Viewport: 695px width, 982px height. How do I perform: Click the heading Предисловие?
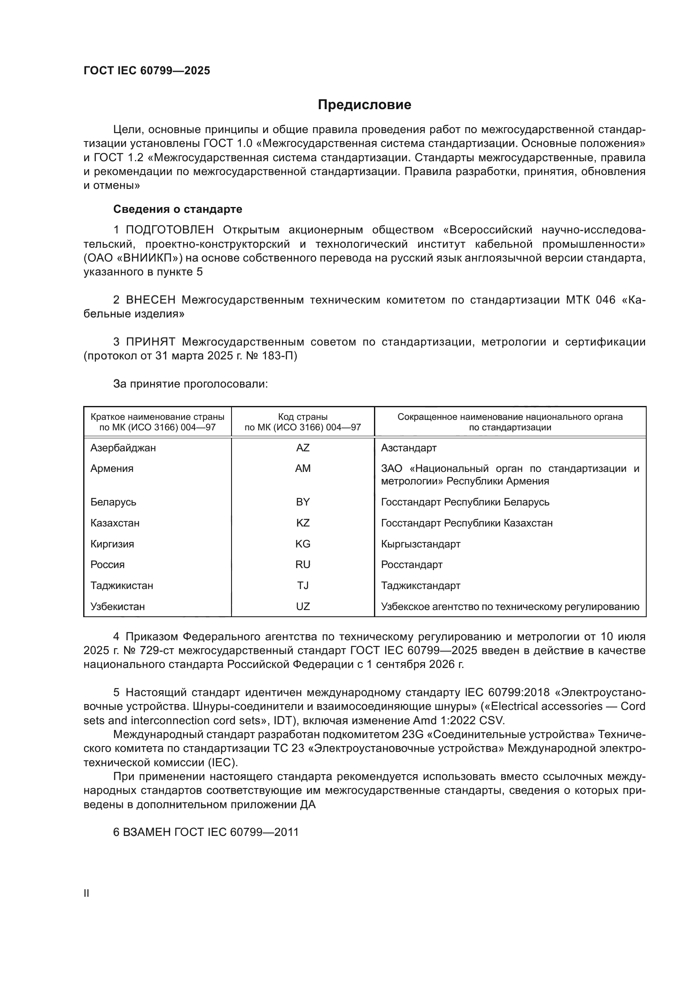364,105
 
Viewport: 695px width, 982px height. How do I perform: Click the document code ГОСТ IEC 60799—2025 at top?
147,71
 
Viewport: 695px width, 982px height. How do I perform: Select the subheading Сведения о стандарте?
178,209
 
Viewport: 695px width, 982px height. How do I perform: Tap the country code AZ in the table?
303,448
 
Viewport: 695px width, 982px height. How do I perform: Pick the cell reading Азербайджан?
123,448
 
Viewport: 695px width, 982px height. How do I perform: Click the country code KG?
303,544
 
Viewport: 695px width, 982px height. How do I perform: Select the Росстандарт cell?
411,565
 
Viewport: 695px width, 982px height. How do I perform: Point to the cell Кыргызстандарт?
420,544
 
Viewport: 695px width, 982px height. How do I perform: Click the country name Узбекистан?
117,607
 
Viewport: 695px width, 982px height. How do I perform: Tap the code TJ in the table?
303,586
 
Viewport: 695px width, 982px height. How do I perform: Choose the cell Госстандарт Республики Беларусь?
465,502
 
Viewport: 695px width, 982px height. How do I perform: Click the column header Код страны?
303,417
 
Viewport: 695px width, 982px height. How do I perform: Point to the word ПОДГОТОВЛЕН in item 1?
170,230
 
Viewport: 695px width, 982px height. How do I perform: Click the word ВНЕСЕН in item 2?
151,300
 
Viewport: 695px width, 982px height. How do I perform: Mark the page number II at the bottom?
87,893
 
